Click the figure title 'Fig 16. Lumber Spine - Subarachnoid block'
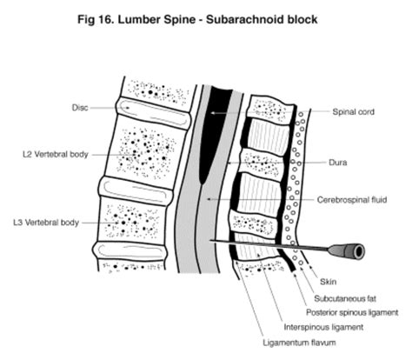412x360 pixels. tap(206, 17)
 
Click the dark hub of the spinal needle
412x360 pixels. tap(353, 251)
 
